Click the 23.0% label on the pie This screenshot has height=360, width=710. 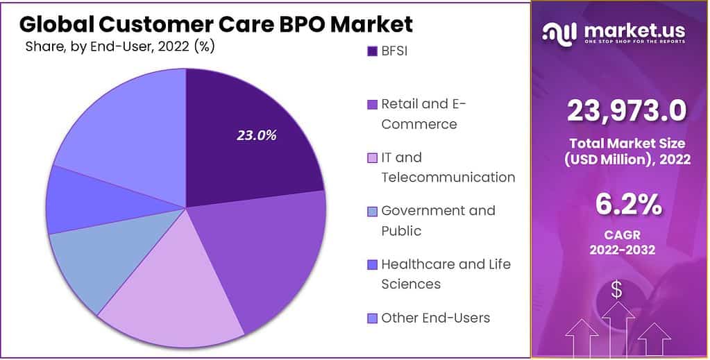[x=256, y=135]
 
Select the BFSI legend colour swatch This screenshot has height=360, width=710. [x=371, y=51]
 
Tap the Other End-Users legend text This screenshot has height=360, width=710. [x=435, y=318]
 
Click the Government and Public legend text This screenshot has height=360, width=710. [x=438, y=220]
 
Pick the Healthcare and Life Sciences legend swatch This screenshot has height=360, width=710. [x=371, y=264]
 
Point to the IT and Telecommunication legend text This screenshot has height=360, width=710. [x=448, y=167]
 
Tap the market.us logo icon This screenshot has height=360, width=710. [x=559, y=32]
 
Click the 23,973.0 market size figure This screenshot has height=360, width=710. [x=626, y=110]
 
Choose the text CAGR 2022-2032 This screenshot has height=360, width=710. [x=626, y=241]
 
